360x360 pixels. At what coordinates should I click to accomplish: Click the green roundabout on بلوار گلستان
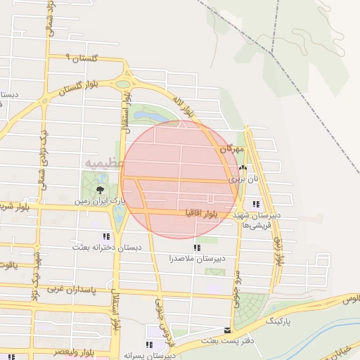[x=124, y=84]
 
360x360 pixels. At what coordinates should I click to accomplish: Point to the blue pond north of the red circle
[x=149, y=115]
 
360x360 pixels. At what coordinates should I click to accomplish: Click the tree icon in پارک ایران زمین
[x=99, y=188]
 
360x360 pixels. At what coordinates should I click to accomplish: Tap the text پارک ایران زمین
[x=103, y=201]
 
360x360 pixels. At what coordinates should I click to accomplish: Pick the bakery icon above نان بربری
[x=243, y=168]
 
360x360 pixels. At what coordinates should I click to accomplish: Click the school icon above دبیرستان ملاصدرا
[x=196, y=247]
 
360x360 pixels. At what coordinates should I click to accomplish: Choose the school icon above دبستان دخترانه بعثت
[x=106, y=237]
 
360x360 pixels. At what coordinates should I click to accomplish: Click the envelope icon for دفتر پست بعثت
[x=226, y=330]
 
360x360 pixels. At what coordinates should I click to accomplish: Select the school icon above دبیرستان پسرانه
[x=148, y=345]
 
